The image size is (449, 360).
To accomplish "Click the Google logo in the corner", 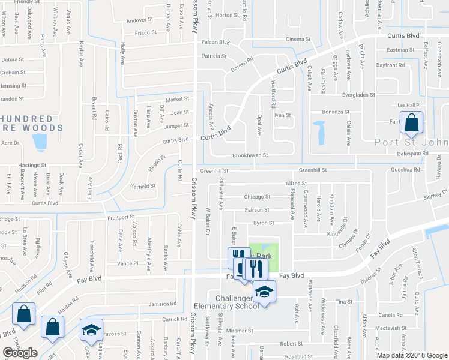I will [20, 353].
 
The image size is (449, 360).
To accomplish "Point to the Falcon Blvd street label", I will [215, 43].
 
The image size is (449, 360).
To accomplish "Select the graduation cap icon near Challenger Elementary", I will [263, 292].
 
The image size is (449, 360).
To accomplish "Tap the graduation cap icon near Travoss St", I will [91, 329].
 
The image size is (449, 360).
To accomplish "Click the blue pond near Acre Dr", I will [40, 142].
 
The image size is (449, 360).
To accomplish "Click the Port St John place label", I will [411, 142].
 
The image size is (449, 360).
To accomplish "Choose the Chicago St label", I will [257, 197].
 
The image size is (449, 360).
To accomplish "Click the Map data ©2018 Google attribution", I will [411, 355].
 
